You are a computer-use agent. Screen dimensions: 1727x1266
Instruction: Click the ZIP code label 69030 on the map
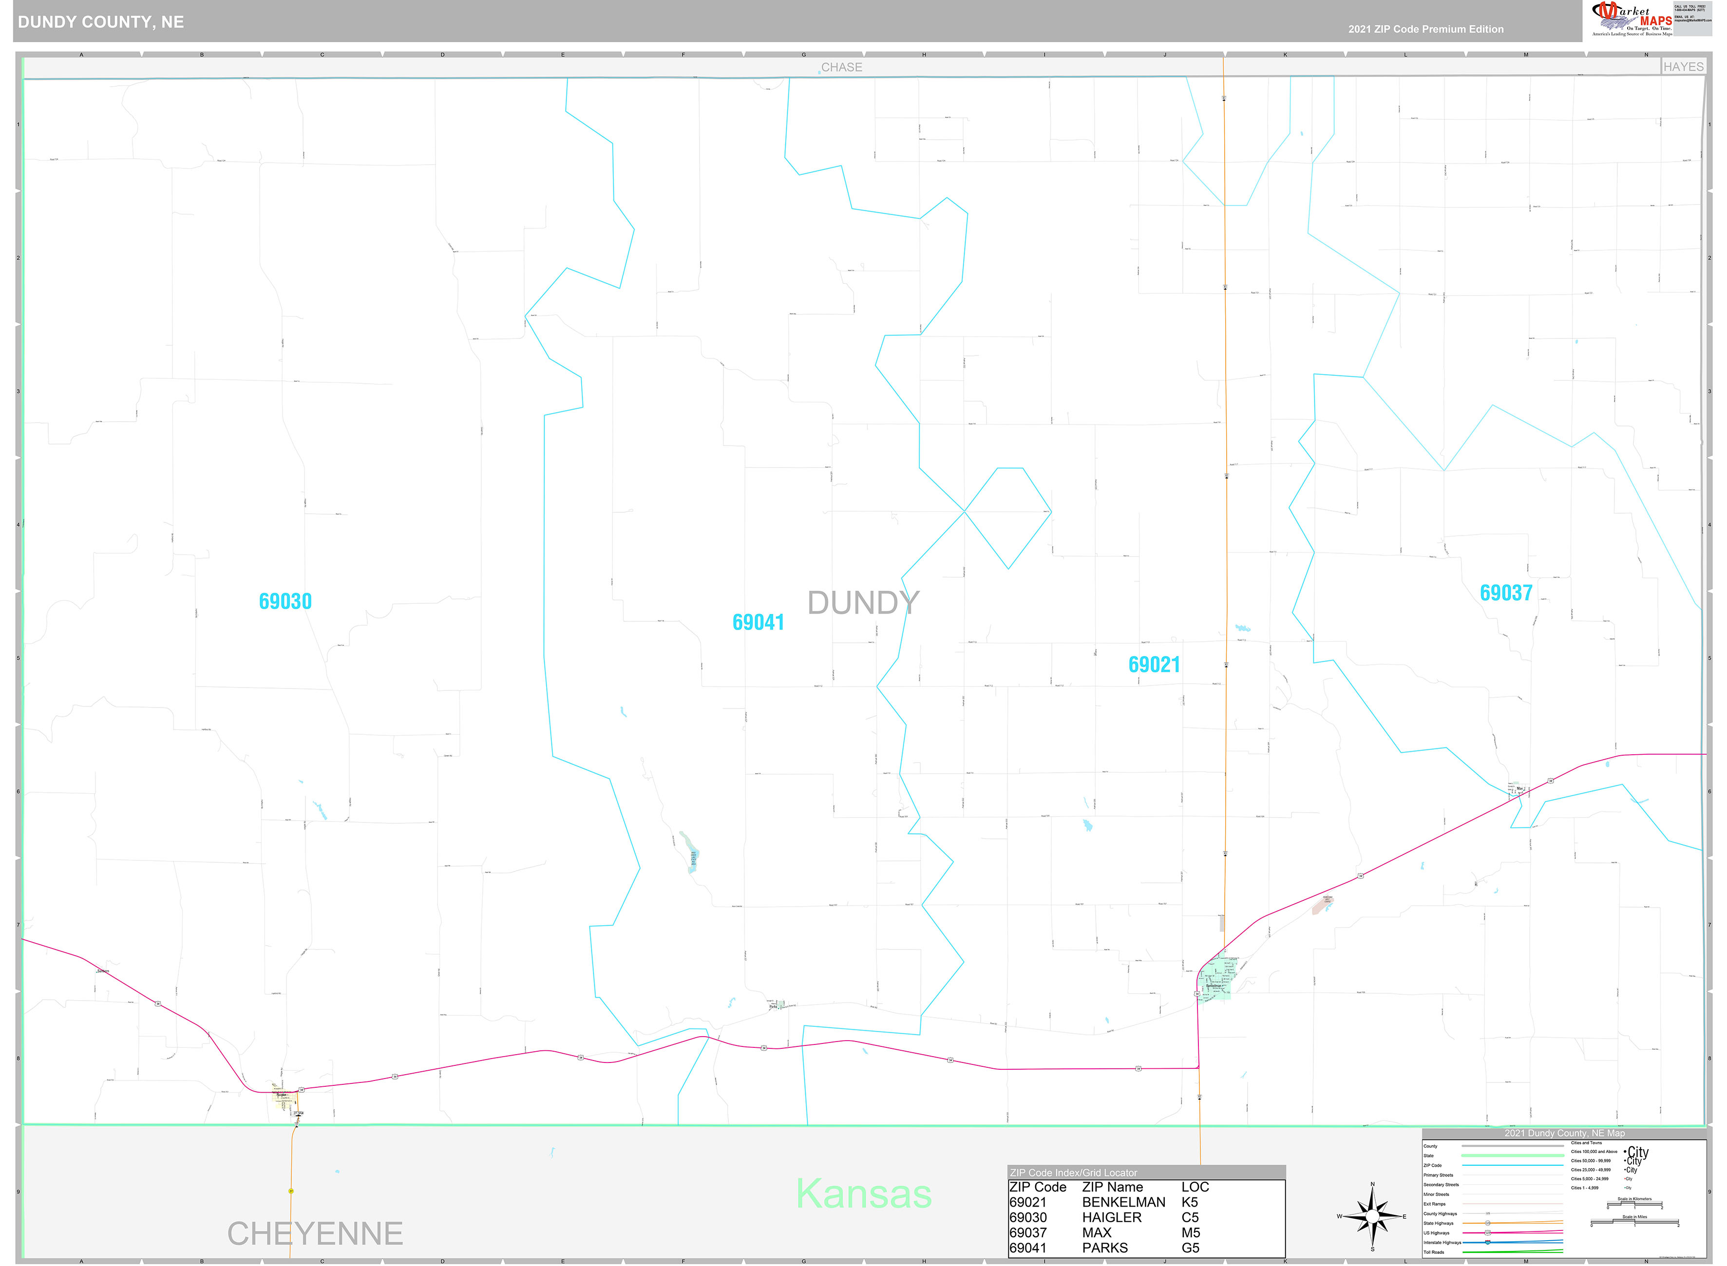[285, 601]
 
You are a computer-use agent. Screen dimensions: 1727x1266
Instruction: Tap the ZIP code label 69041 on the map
[758, 622]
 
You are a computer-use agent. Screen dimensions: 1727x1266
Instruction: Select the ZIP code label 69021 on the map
[1154, 665]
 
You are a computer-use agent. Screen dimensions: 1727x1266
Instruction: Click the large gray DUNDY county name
[863, 603]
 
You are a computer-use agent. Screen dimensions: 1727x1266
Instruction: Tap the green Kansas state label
[864, 1194]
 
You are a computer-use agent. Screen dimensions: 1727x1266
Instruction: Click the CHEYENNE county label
[315, 1234]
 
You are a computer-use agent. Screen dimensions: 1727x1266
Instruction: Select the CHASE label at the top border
[842, 67]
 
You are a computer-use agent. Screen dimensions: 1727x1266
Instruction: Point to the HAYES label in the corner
[1683, 67]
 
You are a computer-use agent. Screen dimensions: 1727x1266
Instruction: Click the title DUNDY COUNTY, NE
[101, 22]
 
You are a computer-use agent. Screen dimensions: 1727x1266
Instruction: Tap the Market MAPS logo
[1632, 19]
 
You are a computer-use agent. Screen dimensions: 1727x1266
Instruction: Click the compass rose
[1372, 1216]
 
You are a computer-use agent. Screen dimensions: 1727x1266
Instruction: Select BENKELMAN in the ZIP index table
[1123, 1202]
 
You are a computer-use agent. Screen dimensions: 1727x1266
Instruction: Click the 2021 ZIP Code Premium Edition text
[1426, 29]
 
